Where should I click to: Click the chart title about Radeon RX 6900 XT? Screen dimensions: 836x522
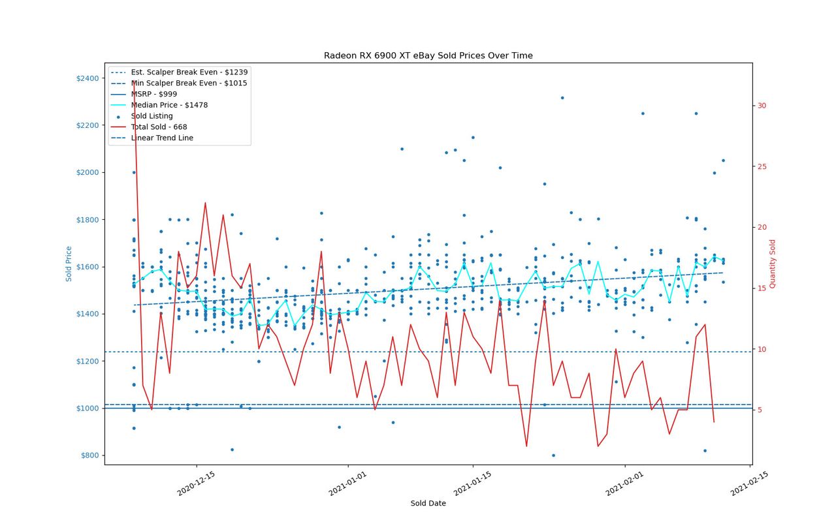pos(428,55)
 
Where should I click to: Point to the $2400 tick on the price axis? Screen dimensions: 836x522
pos(88,78)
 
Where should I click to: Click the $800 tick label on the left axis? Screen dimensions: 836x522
pos(90,455)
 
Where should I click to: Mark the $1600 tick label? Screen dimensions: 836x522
pos(88,267)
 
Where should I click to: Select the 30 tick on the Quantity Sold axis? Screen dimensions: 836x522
pos(762,106)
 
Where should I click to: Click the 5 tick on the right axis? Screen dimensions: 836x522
pos(760,410)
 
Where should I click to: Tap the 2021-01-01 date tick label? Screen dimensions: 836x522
pos(347,484)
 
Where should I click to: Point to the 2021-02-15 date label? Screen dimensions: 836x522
pos(749,484)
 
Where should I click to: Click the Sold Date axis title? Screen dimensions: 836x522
pos(428,503)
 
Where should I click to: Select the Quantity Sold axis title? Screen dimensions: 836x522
pos(772,264)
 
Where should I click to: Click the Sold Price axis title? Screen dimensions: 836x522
pos(69,264)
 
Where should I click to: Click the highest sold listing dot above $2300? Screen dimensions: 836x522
pos(562,98)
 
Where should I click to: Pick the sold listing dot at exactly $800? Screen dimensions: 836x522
pos(553,455)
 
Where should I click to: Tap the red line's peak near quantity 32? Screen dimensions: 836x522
pos(134,81)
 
